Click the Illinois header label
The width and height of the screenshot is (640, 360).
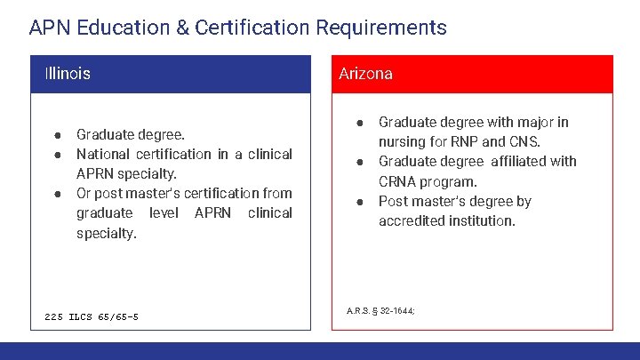[x=68, y=74]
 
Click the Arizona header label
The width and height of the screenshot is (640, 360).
[x=365, y=74]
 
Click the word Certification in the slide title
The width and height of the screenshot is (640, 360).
[x=249, y=28]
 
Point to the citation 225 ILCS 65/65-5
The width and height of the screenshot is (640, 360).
[x=92, y=316]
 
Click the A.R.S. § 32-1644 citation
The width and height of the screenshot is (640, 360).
[x=380, y=310]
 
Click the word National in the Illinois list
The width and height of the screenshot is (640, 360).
[x=106, y=154]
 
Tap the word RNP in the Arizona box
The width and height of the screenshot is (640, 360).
[x=464, y=142]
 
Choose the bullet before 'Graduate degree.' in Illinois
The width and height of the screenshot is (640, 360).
[x=56, y=135]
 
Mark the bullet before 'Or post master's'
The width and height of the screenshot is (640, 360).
[x=56, y=193]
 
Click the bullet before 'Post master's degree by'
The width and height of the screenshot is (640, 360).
[x=360, y=201]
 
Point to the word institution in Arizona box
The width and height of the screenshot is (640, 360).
[x=484, y=220]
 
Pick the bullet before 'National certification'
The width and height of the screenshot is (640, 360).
[x=56, y=155]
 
